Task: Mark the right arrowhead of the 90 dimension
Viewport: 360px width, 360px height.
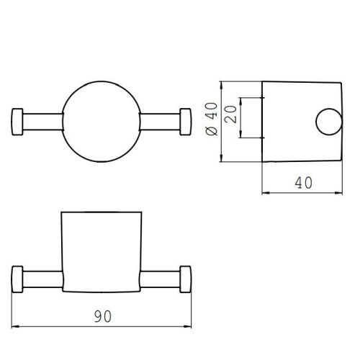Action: (187, 328)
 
